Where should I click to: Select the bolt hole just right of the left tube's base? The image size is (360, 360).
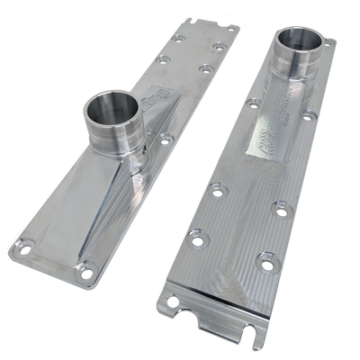point(165,139)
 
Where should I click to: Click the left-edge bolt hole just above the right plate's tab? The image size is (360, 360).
point(191,238)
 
